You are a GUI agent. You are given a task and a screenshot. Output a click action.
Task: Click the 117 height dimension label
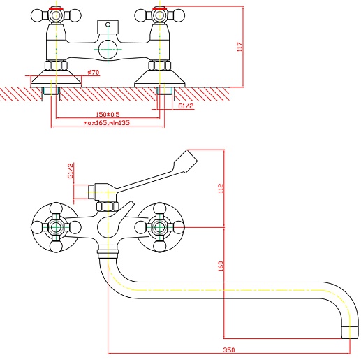240,47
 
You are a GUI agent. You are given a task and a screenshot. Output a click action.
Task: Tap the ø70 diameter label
94,72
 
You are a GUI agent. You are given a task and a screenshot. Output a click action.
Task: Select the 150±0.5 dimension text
108,114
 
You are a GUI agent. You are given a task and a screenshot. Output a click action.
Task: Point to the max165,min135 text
107,123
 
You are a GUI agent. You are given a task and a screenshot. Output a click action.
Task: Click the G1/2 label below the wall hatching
186,106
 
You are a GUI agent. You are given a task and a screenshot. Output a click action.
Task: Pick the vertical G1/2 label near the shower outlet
71,171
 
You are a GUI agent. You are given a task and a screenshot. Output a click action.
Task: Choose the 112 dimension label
221,188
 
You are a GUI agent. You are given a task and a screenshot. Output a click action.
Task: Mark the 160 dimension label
221,266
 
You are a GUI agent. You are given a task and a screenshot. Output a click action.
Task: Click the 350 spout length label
229,350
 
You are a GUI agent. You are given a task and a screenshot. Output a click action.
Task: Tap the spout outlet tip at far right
350,333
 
